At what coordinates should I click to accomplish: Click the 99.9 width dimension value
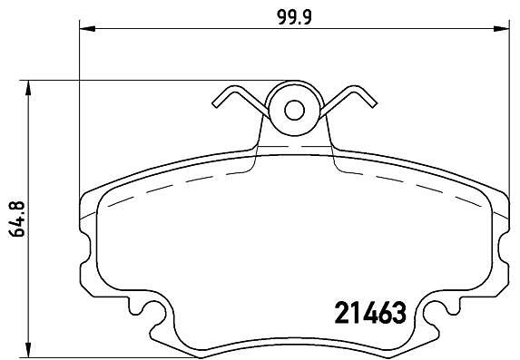point(295,17)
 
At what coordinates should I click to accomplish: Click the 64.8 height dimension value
point(17,219)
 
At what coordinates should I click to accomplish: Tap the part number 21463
point(370,313)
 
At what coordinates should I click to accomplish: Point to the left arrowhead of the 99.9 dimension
point(87,29)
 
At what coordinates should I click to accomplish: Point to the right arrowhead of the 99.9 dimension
point(501,29)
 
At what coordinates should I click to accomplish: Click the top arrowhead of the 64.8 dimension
point(29,88)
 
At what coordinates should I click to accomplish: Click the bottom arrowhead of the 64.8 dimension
point(29,350)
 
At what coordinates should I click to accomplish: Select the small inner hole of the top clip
point(294,110)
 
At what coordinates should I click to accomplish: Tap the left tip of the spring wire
point(214,105)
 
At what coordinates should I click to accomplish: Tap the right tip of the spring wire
point(374,105)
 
